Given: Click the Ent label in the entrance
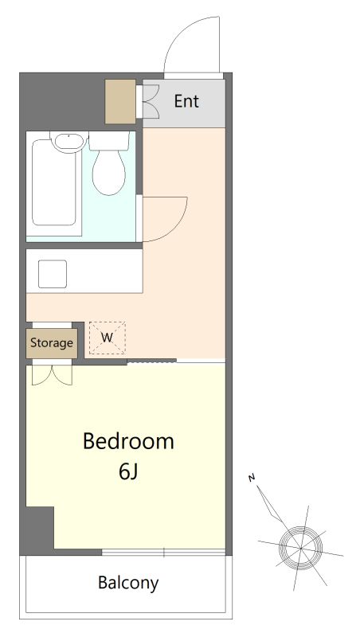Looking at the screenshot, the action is click(186, 101).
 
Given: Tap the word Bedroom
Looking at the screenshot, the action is click(128, 441).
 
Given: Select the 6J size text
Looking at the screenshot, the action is click(128, 471).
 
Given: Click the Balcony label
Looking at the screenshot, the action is click(128, 583).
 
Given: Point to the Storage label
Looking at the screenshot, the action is click(52, 343).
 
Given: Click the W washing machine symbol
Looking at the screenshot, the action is click(108, 338).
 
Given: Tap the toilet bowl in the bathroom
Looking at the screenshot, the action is click(108, 173).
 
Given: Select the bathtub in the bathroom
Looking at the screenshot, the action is click(54, 182).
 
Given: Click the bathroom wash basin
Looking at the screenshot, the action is click(69, 142).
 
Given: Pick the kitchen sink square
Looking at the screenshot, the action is click(53, 274).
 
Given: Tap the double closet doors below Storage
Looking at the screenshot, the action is click(52, 375).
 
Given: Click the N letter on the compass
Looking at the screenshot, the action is click(252, 479).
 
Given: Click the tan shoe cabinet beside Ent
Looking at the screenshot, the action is click(120, 102).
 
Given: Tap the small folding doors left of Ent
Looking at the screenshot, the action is click(151, 102).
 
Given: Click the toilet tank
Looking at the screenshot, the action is click(109, 141).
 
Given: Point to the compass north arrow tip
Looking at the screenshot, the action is click(257, 485).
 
